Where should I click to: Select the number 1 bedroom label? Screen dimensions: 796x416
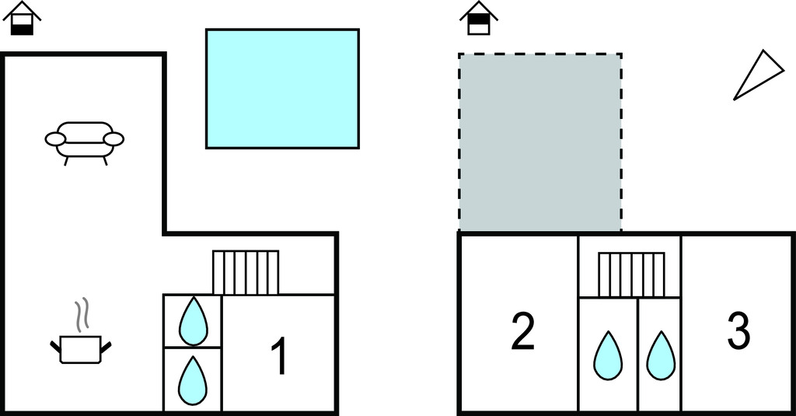click(279, 357)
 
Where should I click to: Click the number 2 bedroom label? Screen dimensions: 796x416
click(522, 332)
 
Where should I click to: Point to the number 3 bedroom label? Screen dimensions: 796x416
click(738, 330)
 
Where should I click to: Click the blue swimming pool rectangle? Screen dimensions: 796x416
click(282, 89)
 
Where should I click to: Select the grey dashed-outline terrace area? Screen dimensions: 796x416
click(540, 142)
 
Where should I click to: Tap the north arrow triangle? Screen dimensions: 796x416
click(758, 75)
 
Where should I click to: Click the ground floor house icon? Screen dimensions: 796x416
click(22, 19)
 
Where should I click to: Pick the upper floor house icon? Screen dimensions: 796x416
click(479, 19)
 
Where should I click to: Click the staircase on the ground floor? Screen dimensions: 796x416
click(246, 272)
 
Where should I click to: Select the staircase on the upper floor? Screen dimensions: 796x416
click(631, 274)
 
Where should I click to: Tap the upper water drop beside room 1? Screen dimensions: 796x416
click(193, 321)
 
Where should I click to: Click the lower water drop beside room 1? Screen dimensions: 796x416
click(193, 380)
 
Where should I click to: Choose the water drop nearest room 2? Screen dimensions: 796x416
click(608, 355)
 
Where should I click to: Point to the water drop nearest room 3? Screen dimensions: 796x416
click(661, 355)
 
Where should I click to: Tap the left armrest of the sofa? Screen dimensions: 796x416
click(55, 138)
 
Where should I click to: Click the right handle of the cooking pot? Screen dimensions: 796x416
click(106, 348)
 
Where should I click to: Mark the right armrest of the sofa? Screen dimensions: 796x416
click(113, 138)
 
